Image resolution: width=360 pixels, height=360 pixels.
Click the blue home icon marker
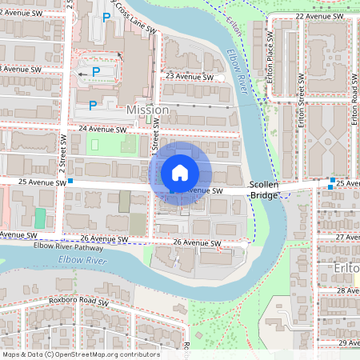pyautogui.click(x=180, y=173)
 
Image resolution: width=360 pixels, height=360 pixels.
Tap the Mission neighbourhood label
pyautogui.click(x=147, y=110)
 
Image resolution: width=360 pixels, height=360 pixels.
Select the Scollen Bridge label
pyautogui.click(x=264, y=189)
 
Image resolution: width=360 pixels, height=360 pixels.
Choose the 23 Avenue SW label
pyautogui.click(x=189, y=77)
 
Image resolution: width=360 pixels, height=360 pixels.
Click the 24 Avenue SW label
pyautogui.click(x=103, y=129)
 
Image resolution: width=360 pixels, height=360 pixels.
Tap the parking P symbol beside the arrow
pyautogui.click(x=96, y=72)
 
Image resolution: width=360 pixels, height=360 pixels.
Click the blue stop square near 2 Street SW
pyautogui.click(x=70, y=182)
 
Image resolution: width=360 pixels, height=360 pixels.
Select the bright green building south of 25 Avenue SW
pyautogui.click(x=40, y=218)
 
